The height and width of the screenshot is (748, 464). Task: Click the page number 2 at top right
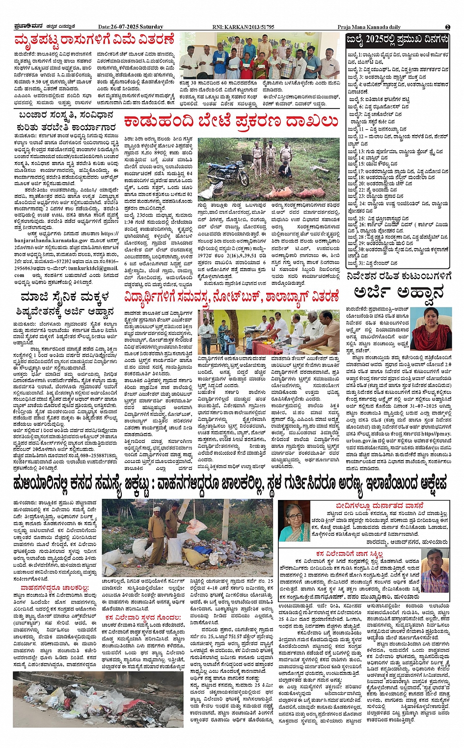(x=447, y=27)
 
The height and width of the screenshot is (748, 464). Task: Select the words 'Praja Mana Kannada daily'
(x=369, y=27)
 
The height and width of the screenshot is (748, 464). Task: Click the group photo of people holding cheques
(x=260, y=57)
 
